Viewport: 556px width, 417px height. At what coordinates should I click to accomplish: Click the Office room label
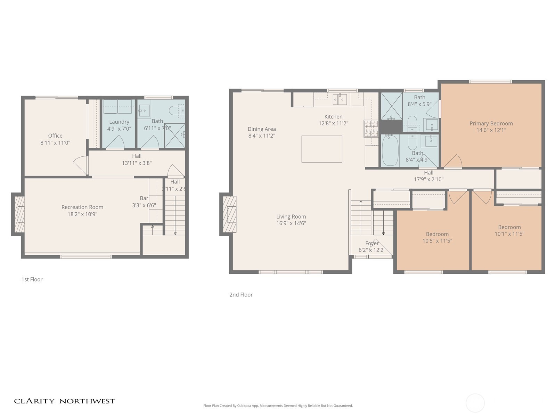pos(55,136)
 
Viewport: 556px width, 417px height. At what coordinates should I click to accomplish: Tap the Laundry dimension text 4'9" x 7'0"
pos(119,129)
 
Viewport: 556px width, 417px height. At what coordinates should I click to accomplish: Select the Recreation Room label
pos(82,207)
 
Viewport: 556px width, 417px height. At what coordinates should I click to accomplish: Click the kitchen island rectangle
pos(321,149)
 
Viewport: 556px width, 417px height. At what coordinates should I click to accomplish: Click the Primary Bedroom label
pos(491,123)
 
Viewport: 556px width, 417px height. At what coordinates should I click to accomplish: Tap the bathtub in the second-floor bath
pos(390,150)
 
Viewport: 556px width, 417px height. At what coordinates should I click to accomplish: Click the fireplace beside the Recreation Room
pos(19,214)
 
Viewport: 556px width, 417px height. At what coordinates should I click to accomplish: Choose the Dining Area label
pos(262,129)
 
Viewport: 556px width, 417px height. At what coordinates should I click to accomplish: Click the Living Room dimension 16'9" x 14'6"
pos(291,223)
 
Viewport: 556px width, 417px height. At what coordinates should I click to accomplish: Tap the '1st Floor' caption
pos(32,279)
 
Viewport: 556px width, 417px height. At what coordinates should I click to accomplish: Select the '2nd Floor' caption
pos(241,295)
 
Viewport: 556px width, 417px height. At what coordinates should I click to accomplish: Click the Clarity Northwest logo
pos(64,401)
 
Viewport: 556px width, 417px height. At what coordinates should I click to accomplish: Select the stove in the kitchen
pos(371,128)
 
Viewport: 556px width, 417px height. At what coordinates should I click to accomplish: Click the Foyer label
pos(372,243)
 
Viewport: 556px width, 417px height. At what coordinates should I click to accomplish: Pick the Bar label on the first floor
pos(144,198)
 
